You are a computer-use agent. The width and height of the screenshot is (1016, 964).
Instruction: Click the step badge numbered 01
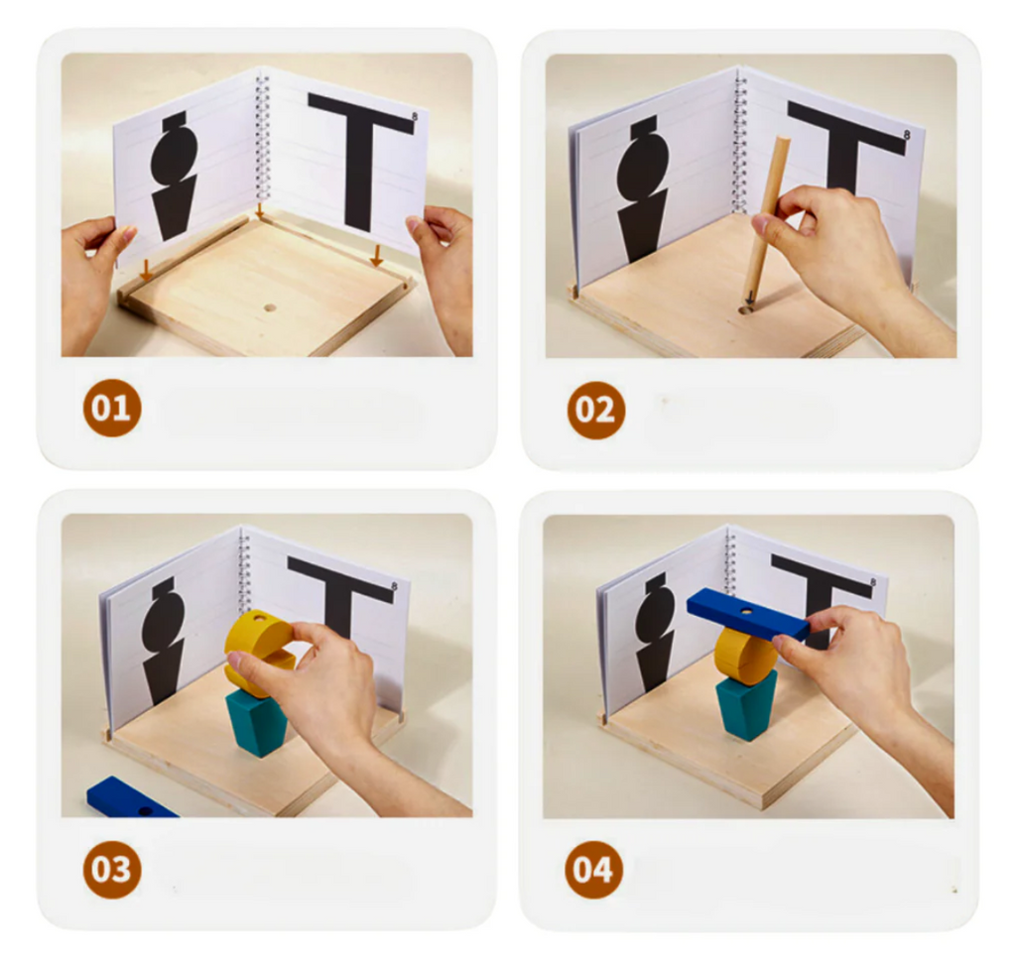[x=111, y=409]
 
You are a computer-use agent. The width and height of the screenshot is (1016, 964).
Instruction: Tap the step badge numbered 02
[x=595, y=410]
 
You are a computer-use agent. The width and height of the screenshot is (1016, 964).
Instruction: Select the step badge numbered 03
[x=111, y=870]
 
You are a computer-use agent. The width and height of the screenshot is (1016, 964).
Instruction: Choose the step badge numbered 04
[x=593, y=870]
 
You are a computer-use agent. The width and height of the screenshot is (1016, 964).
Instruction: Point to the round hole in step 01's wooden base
[x=270, y=307]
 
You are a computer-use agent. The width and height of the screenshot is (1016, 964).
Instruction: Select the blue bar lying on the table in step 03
[x=130, y=798]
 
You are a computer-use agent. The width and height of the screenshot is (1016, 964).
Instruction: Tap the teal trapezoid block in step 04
[x=745, y=705]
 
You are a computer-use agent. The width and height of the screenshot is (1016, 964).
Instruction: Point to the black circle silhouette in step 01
[x=174, y=155]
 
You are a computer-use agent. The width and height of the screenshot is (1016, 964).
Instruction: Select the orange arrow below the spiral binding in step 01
[x=260, y=210]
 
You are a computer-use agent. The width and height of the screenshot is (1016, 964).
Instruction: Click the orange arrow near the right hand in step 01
[x=376, y=256]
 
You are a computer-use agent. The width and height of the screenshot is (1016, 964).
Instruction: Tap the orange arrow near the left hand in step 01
[x=147, y=270]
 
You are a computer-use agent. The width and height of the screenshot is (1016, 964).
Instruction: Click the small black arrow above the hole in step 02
[x=750, y=298]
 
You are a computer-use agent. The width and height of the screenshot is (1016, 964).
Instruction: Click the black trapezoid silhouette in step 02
[x=642, y=227]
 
